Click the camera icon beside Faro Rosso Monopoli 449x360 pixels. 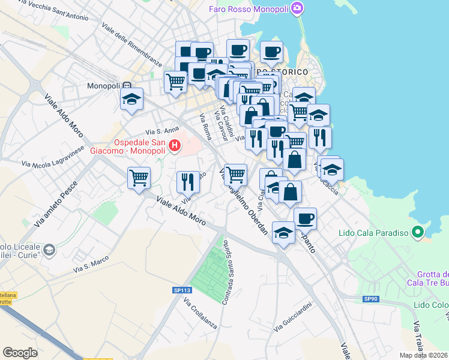[x=297, y=8]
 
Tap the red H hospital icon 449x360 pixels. [x=175, y=145]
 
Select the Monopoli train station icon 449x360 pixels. [x=127, y=85]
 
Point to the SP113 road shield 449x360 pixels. [x=181, y=290]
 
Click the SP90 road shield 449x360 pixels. [x=371, y=299]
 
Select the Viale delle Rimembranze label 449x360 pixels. [x=132, y=45]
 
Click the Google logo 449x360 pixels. [x=20, y=353]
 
